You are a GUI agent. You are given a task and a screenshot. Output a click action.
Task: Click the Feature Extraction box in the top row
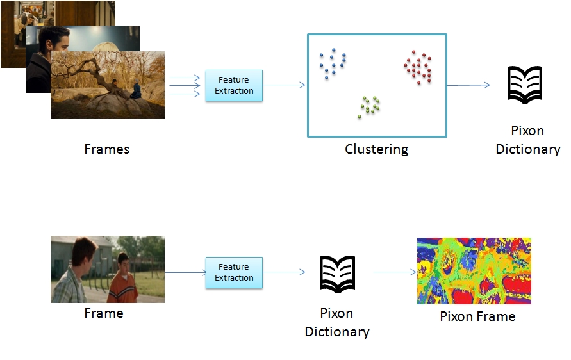coord(234,85)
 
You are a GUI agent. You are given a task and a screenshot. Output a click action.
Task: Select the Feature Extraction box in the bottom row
coord(234,272)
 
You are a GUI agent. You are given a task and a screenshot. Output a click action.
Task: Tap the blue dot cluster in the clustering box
coord(333,63)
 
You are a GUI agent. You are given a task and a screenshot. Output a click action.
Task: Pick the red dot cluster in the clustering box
coord(418,67)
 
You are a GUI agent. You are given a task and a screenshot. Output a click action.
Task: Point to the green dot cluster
coord(369,107)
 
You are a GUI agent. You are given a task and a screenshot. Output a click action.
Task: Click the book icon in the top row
coord(525,85)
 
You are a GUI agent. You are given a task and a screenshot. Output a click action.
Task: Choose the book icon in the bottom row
coord(337,274)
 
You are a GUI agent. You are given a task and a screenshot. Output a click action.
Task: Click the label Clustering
coord(377,150)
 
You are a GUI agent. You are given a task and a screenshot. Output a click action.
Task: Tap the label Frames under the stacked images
coord(106,149)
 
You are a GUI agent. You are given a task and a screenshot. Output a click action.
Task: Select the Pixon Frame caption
coord(477,316)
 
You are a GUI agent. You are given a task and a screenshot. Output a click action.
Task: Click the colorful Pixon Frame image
coord(474,271)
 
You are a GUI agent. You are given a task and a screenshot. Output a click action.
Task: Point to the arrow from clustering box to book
coord(468,85)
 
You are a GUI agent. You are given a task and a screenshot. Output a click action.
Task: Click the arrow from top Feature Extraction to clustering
coord(284,85)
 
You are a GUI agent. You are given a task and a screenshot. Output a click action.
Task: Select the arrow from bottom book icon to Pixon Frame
coord(395,272)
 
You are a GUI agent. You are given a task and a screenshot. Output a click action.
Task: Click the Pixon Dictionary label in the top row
coord(527,140)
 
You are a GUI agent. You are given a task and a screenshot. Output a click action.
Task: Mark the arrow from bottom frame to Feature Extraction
coord(185,272)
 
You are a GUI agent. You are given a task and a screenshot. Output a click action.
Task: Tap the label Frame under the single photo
coord(104,313)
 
